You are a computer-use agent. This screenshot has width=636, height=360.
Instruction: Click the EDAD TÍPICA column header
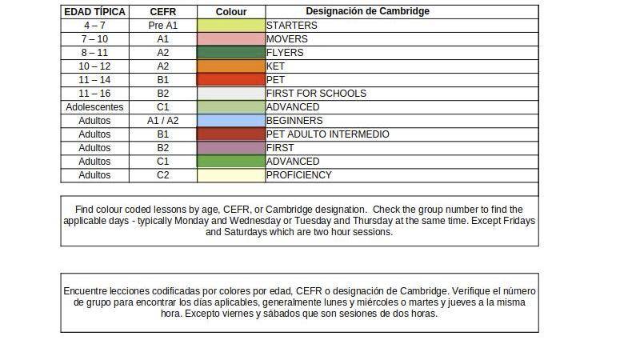point(94,12)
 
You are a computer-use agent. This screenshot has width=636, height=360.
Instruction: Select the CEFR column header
point(162,12)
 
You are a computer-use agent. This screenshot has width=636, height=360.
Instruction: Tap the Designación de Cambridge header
point(367,11)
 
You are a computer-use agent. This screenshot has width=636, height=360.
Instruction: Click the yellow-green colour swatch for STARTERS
point(231,26)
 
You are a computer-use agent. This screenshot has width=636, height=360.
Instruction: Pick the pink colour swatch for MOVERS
point(231,39)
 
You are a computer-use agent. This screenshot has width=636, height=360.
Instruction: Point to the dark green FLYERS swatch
point(231,53)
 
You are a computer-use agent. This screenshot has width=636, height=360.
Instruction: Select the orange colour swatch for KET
point(231,66)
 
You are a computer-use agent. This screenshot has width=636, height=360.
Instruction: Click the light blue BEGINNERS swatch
point(231,121)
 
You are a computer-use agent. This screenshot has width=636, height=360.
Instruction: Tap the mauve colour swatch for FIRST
point(231,148)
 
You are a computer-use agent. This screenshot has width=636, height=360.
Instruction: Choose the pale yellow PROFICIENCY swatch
point(231,175)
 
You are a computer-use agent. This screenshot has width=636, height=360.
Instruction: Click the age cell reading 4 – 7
point(94,26)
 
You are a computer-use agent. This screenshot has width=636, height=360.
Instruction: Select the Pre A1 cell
point(162,26)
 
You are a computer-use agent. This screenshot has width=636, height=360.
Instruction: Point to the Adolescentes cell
point(94,107)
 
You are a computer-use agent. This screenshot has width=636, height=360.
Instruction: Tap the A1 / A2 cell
point(162,121)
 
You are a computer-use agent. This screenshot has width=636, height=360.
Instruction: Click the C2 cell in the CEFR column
point(162,175)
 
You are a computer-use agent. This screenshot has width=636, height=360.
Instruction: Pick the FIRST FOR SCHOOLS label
point(316,94)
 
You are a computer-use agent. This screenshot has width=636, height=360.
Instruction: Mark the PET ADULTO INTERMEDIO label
point(328,134)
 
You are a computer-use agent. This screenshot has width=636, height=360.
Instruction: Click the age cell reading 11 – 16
point(94,94)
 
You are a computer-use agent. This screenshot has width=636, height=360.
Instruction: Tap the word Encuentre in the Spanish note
point(84,291)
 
